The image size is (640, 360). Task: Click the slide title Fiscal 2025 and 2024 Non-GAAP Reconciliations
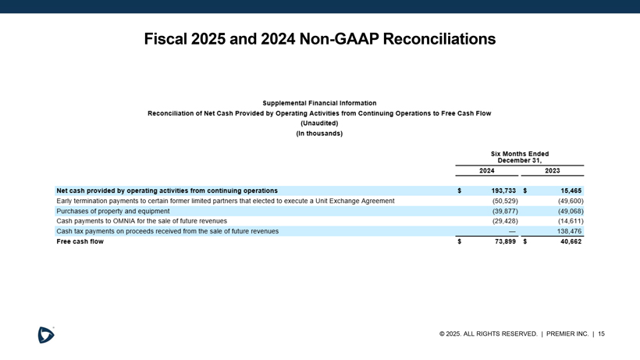(320, 38)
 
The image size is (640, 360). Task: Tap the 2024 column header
(486, 170)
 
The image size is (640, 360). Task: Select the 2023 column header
(552, 170)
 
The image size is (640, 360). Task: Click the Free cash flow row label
(80, 241)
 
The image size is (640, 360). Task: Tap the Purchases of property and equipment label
(112, 211)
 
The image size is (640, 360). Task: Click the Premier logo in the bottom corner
(46, 334)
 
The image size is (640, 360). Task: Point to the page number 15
(602, 334)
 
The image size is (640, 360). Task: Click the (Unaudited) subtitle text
(319, 123)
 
